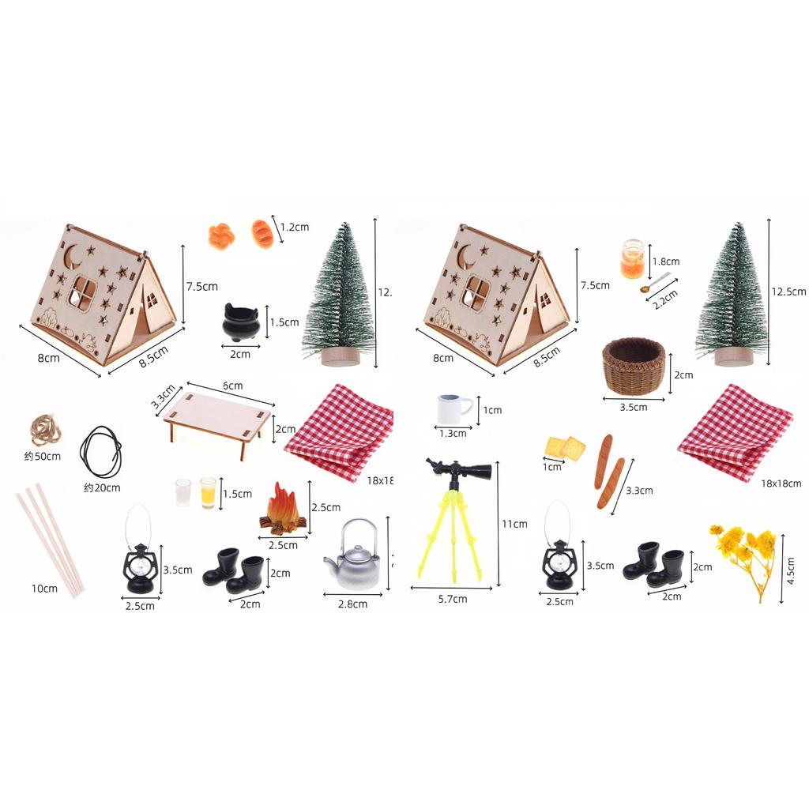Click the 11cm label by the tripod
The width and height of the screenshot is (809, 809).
coord(514,524)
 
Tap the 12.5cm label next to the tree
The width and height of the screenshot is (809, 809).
coord(788,292)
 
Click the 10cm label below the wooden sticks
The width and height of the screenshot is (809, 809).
coord(44,589)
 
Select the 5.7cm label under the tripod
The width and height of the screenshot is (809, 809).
coord(452,600)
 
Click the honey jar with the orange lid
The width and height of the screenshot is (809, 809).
coord(632,259)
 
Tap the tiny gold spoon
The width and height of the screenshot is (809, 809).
coord(656,283)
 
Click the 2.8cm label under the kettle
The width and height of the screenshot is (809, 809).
coord(352,604)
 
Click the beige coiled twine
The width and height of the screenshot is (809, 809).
coord(46,430)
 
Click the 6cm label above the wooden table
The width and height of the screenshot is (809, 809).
coord(232,386)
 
